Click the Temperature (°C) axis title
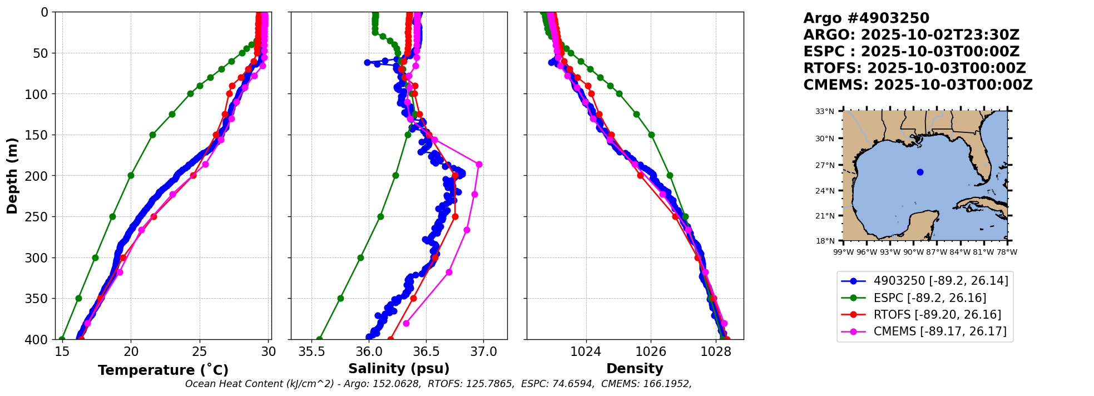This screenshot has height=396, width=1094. (x=163, y=370)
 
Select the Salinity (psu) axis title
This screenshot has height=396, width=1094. (x=399, y=369)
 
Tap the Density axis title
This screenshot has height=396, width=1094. (x=635, y=369)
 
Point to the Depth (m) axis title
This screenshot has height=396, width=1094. (x=12, y=175)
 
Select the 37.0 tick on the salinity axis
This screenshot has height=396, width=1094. (x=483, y=352)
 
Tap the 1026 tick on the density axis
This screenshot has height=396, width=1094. (x=651, y=352)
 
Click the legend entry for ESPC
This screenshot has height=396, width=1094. (x=924, y=298)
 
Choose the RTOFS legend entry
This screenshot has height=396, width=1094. (x=924, y=315)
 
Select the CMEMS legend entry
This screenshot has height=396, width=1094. (x=924, y=331)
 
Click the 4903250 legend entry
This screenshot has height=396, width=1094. (x=924, y=281)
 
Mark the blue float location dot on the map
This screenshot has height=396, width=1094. (x=920, y=172)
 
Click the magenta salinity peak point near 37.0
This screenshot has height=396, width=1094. (x=479, y=164)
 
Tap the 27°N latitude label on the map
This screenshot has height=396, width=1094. (x=825, y=165)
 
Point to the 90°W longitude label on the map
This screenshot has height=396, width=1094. (x=913, y=252)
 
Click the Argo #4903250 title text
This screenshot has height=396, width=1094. (x=866, y=18)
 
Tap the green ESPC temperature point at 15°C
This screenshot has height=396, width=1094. (x=62, y=339)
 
